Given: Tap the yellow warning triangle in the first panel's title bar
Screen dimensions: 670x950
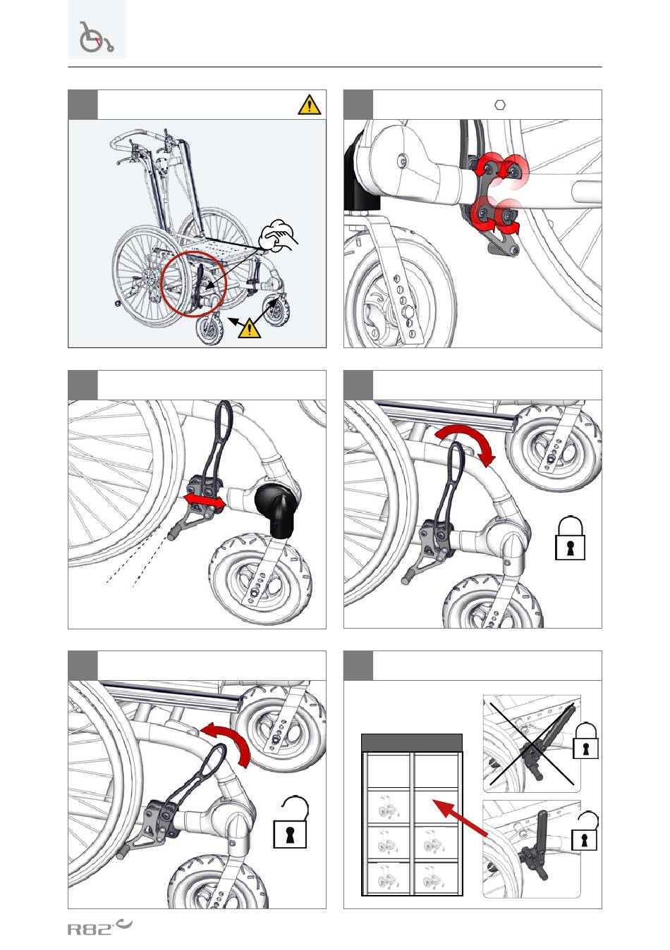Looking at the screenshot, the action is (x=309, y=105).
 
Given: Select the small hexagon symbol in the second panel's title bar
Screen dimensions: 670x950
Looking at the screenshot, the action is (x=499, y=105).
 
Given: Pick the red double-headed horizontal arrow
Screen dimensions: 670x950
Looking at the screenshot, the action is (x=205, y=502).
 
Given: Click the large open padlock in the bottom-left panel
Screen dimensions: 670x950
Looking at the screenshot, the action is (x=291, y=822).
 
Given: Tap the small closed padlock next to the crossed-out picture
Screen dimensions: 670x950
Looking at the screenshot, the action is (x=585, y=741).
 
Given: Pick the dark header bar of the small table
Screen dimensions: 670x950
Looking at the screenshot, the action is (x=411, y=743).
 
